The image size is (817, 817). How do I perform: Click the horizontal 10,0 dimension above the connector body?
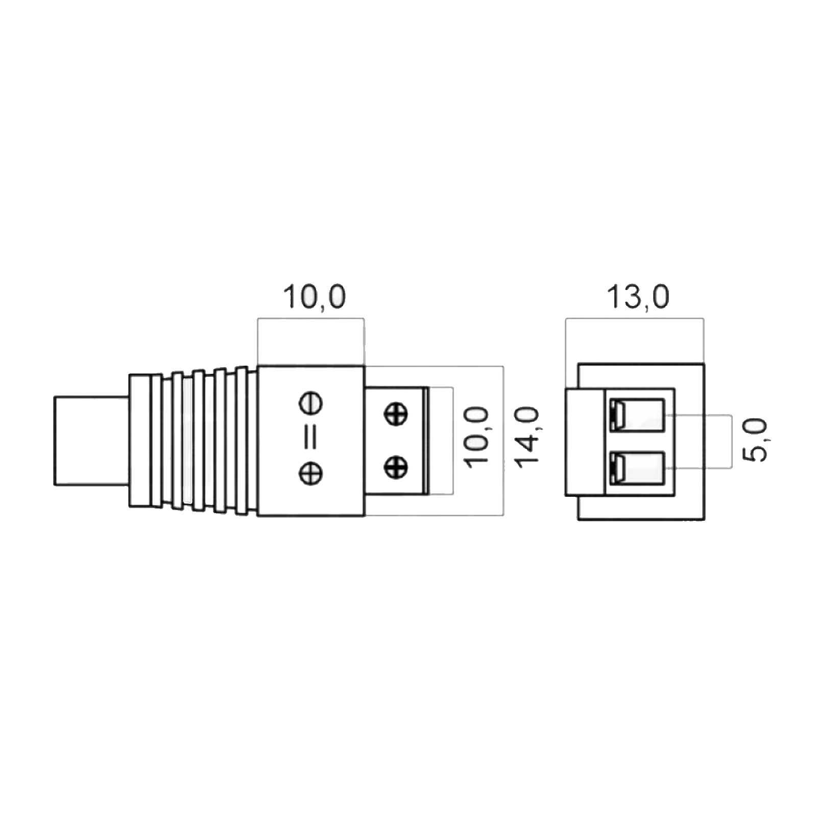(x=315, y=297)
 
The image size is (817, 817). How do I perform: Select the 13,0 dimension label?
(x=638, y=297)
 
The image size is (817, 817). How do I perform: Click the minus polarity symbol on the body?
(x=310, y=403)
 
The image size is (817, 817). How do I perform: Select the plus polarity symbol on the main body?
(x=310, y=473)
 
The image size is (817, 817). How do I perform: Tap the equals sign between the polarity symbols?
(x=310, y=438)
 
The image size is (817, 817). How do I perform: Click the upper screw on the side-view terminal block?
(x=395, y=413)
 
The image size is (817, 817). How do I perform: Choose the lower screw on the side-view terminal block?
(x=395, y=467)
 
